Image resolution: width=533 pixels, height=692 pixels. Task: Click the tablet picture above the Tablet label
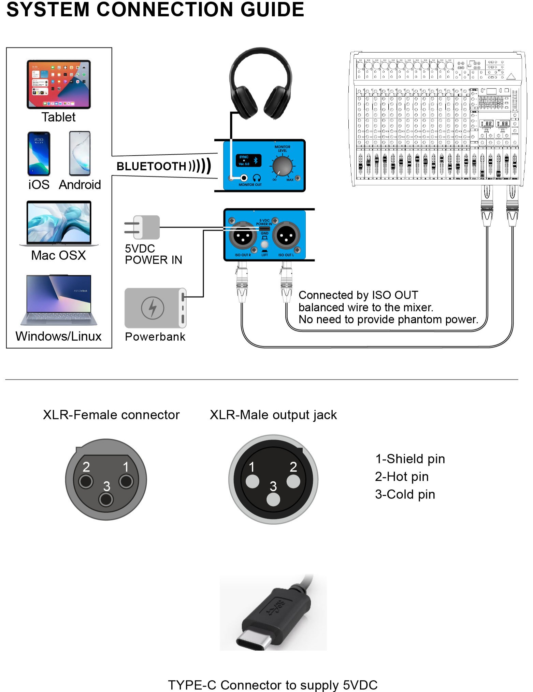tap(59, 84)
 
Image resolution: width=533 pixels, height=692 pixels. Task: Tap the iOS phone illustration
tap(39, 154)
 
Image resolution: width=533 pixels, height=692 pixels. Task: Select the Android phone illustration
tap(80, 154)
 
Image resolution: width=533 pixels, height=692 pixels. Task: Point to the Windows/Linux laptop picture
tap(59, 300)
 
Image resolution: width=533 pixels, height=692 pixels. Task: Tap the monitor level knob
tap(283, 166)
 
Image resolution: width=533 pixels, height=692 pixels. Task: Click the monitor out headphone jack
tap(244, 178)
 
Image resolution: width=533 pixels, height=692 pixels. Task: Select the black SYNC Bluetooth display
tap(248, 160)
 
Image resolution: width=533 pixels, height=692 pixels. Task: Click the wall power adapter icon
tap(143, 227)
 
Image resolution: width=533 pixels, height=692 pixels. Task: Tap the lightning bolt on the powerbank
tap(153, 308)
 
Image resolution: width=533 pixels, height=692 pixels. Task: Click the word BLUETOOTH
tap(151, 166)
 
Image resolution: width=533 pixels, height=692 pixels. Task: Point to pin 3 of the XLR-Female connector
tap(106, 499)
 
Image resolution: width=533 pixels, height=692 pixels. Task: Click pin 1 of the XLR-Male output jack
tap(253, 481)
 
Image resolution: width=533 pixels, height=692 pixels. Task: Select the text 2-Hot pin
tap(402, 477)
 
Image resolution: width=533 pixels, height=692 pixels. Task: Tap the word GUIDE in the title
tap(272, 10)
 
